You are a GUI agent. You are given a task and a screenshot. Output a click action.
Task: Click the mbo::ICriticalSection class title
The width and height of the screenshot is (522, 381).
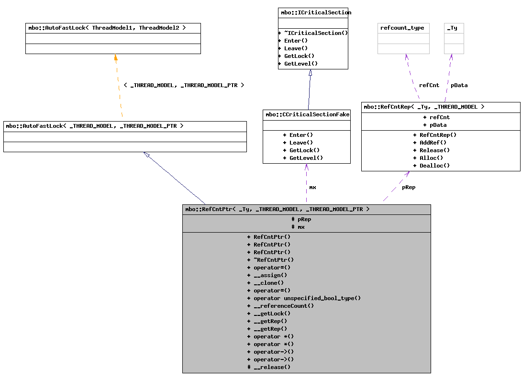313,12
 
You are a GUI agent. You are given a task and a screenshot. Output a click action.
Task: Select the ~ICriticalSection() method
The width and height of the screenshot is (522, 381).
313,33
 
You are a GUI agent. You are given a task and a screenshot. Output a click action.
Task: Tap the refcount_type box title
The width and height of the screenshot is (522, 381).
403,28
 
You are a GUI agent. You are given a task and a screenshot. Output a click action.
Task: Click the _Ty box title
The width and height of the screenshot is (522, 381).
453,28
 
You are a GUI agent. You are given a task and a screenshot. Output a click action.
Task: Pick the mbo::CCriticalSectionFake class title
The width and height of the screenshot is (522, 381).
307,114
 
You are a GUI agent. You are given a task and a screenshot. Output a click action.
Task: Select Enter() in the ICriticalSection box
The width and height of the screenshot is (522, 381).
293,41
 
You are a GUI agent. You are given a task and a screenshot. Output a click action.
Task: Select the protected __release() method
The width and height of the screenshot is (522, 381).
268,367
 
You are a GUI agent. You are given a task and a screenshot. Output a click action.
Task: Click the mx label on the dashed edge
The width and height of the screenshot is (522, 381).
312,187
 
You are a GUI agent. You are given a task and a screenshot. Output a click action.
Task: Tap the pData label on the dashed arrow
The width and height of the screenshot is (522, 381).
459,85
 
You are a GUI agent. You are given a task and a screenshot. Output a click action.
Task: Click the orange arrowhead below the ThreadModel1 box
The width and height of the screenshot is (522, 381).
115,57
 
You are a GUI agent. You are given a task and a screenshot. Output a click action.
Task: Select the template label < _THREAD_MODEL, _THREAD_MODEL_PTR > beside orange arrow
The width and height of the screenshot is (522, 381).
184,85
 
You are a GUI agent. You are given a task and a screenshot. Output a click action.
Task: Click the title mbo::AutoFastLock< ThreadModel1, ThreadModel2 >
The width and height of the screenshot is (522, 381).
112,28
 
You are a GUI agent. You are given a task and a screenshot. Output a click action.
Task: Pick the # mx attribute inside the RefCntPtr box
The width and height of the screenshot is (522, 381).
298,227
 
